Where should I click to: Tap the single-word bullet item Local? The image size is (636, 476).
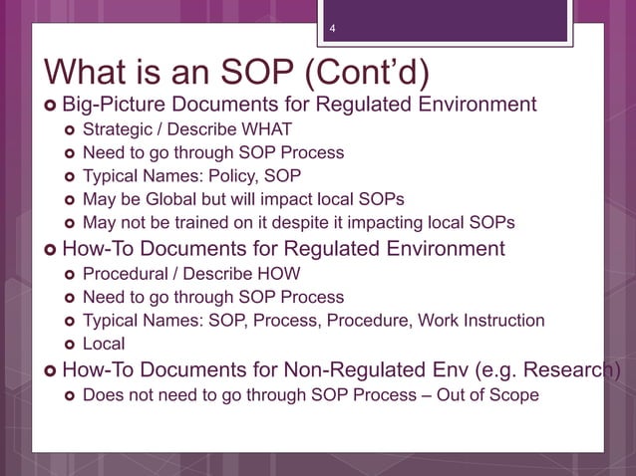click(104, 344)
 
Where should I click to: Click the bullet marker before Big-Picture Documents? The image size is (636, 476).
click(49, 106)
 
